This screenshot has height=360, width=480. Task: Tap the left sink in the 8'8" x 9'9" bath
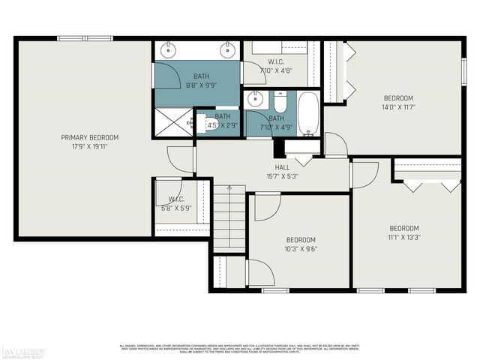166,51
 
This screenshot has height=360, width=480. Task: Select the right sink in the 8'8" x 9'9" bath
226,51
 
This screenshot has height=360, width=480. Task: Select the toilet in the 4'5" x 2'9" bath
203,123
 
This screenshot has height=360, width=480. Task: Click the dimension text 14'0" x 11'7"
399,107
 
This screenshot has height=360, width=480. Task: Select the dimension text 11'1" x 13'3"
403,237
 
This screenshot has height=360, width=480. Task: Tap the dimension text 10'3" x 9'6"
300,249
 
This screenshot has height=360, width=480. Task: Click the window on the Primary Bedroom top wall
85,38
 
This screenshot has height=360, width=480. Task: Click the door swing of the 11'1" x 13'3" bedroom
364,174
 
